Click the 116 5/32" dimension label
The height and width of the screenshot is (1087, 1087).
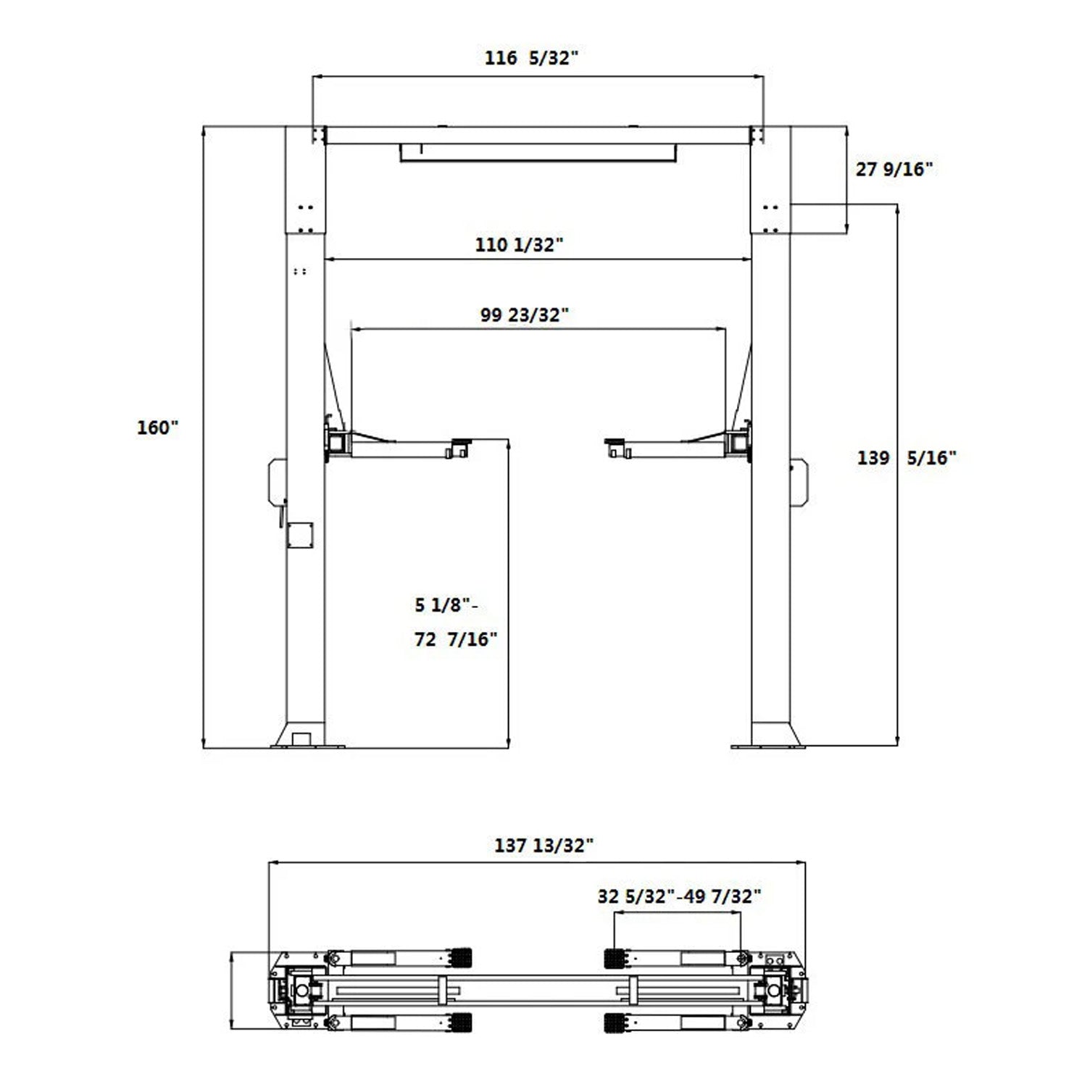click(x=531, y=58)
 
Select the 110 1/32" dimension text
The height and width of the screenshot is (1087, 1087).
click(x=519, y=245)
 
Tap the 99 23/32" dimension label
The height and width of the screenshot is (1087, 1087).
click(x=525, y=315)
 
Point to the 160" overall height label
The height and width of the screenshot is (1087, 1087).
click(x=157, y=428)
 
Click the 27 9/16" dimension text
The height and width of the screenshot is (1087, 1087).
click(x=894, y=170)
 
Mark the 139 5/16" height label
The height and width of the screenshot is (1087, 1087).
click(x=907, y=458)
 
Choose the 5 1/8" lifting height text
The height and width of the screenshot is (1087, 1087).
click(x=445, y=604)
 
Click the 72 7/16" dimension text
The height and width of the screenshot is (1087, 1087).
click(x=456, y=639)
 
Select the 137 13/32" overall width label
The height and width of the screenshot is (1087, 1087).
click(x=543, y=845)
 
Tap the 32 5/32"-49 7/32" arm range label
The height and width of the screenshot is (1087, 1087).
click(x=679, y=896)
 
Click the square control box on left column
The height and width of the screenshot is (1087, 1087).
click(x=300, y=536)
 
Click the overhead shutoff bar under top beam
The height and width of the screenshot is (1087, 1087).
click(x=538, y=152)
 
